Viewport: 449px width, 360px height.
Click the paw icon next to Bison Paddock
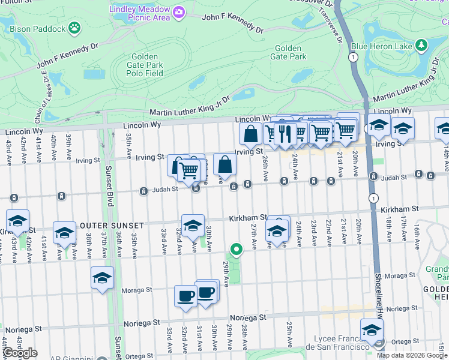tap(74, 26)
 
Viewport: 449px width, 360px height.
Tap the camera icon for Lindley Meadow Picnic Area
tap(178, 12)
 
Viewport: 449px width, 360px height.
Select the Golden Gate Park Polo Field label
tap(145, 65)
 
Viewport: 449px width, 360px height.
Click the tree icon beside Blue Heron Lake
tap(421, 45)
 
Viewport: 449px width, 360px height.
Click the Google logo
tap(20, 353)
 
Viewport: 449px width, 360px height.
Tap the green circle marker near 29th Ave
tap(237, 250)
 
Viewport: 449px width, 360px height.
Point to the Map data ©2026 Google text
tap(412, 355)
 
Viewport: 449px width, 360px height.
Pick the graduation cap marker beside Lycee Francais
tap(372, 330)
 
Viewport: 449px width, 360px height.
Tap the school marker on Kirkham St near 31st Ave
tap(193, 226)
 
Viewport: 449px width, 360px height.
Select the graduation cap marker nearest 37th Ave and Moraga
tap(102, 278)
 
